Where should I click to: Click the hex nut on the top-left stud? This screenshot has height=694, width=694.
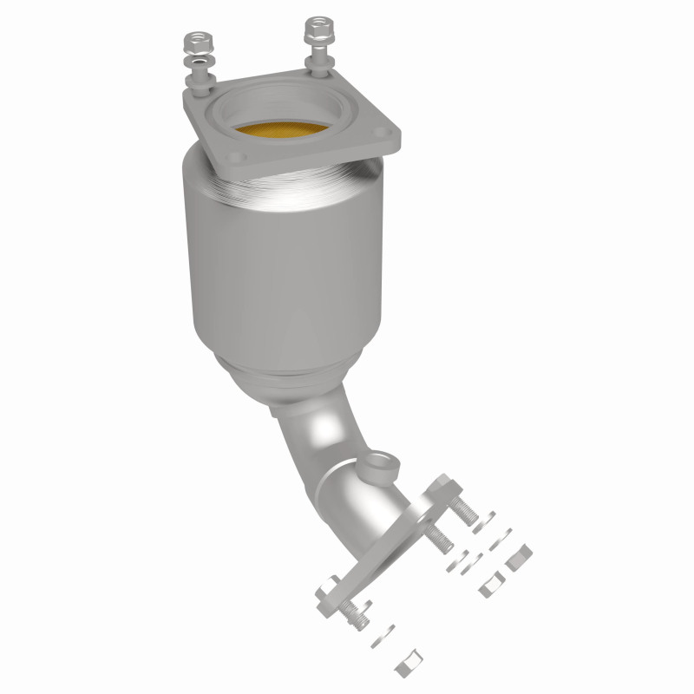coord(194,42)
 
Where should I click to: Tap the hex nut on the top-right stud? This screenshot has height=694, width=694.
coord(314,29)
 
